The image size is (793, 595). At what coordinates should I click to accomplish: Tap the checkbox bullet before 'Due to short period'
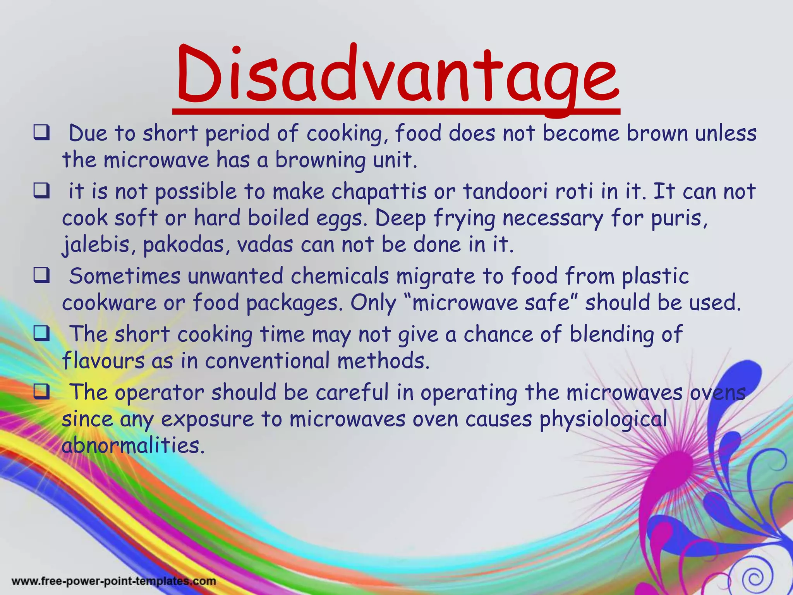click(41, 133)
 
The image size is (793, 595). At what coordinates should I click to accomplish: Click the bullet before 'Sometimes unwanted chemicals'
click(41, 276)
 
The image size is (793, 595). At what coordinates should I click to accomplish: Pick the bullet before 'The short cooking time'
click(41, 334)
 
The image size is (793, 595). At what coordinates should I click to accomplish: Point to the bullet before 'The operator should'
click(41, 392)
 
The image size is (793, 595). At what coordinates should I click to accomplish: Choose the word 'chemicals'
click(340, 277)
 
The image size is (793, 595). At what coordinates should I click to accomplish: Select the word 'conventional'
click(267, 361)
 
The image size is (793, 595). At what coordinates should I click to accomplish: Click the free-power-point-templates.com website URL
click(114, 581)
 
